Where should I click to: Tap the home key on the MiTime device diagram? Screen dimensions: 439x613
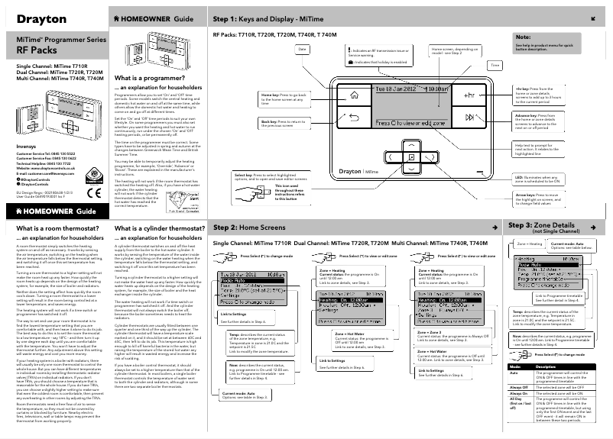pyautogui.click(x=354, y=97)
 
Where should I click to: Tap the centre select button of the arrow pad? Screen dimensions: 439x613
pyautogui.click(x=411, y=157)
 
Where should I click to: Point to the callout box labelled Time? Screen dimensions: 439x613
pyautogui.click(x=495, y=66)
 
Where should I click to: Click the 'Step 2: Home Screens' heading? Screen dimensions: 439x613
pyautogui.click(x=258, y=228)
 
